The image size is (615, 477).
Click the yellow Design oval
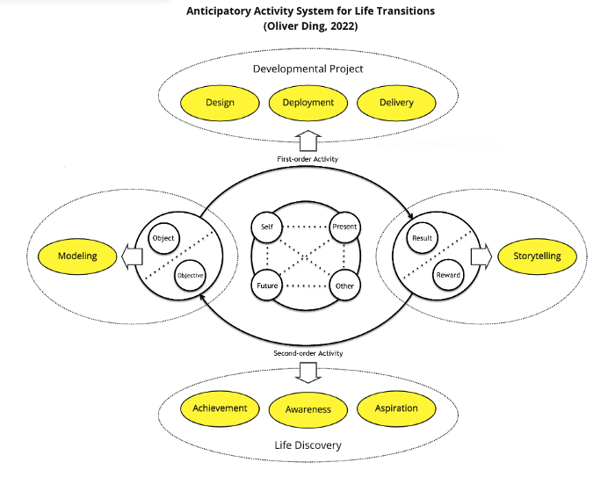[x=220, y=103]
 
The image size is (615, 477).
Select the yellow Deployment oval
[x=308, y=103]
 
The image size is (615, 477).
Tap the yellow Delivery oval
[x=397, y=103]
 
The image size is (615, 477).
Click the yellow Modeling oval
[x=77, y=257]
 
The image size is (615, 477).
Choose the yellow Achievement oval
[x=220, y=408]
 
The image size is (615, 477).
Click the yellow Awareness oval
[x=307, y=409]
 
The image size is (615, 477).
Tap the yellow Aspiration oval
[x=396, y=408]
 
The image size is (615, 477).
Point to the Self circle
[x=267, y=227]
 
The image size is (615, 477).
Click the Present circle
[x=344, y=227]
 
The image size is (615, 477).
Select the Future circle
[x=267, y=285]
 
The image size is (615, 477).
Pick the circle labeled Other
[x=344, y=285]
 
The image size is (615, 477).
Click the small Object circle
[x=163, y=238]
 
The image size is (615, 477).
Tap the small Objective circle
[x=191, y=275]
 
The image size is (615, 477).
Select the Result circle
[x=423, y=238]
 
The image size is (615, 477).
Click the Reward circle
[x=448, y=275]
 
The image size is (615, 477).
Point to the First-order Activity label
[x=308, y=159]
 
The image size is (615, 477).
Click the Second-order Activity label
[x=307, y=353]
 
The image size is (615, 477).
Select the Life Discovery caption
[x=308, y=445]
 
